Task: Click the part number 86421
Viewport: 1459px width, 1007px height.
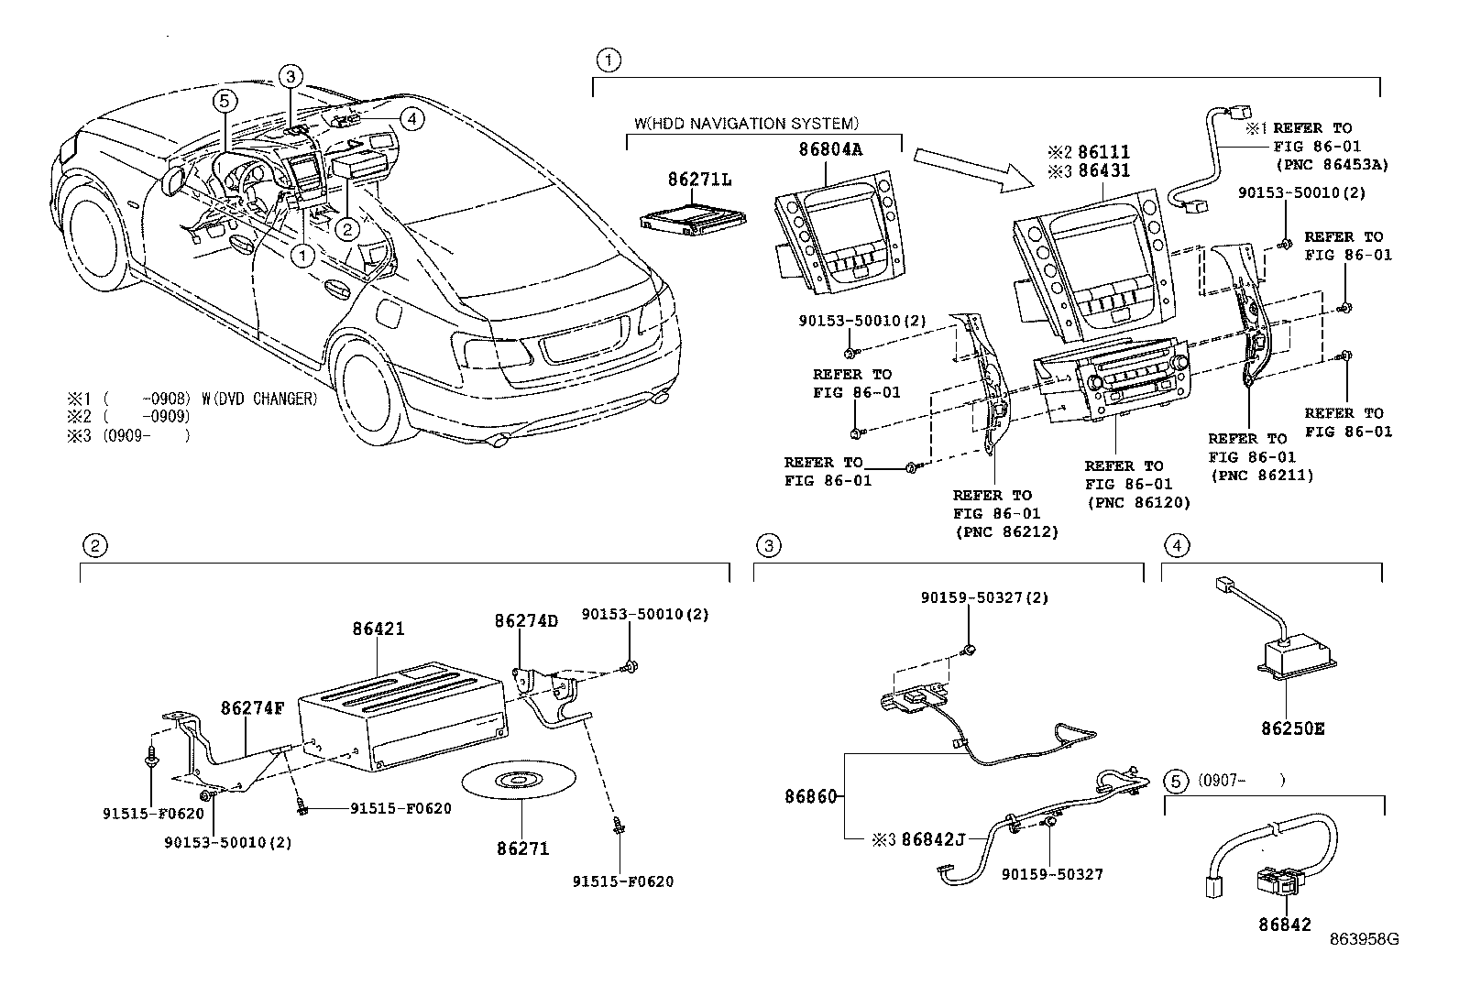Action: [378, 629]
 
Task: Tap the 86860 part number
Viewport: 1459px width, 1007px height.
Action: [810, 796]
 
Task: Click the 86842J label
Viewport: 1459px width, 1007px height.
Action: [933, 838]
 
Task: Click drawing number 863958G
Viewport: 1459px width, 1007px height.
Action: [1366, 939]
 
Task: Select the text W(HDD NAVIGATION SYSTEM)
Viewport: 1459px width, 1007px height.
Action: [746, 123]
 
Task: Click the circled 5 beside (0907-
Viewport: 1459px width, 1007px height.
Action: [1176, 782]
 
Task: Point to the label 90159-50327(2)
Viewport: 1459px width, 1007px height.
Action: [971, 597]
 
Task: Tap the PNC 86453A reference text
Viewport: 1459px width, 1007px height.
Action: [1332, 164]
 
